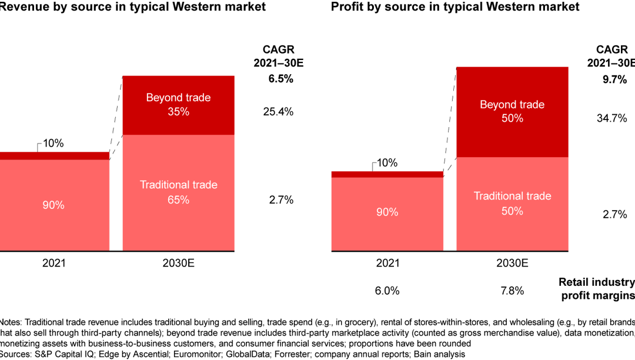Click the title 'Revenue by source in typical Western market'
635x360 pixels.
pyautogui.click(x=132, y=7)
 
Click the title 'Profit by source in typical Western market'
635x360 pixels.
pyautogui.click(x=455, y=7)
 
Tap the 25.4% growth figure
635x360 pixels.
pyautogui.click(x=278, y=112)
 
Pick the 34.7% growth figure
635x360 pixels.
pyautogui.click(x=611, y=118)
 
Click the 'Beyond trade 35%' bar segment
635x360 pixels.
pyautogui.click(x=178, y=105)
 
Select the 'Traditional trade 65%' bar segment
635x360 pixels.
pyautogui.click(x=178, y=192)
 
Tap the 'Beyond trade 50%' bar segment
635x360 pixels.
pyautogui.click(x=512, y=111)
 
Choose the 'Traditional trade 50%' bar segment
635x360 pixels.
pyautogui.click(x=512, y=203)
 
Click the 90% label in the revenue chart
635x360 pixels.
pyautogui.click(x=54, y=205)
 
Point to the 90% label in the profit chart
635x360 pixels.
pyautogui.click(x=387, y=211)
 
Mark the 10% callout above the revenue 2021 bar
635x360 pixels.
pyautogui.click(x=54, y=144)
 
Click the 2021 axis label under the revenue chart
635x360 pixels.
pyautogui.click(x=54, y=262)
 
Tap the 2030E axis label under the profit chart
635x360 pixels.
pyautogui.click(x=512, y=262)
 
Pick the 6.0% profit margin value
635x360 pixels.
pyautogui.click(x=387, y=291)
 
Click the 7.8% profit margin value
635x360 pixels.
pyautogui.click(x=512, y=291)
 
